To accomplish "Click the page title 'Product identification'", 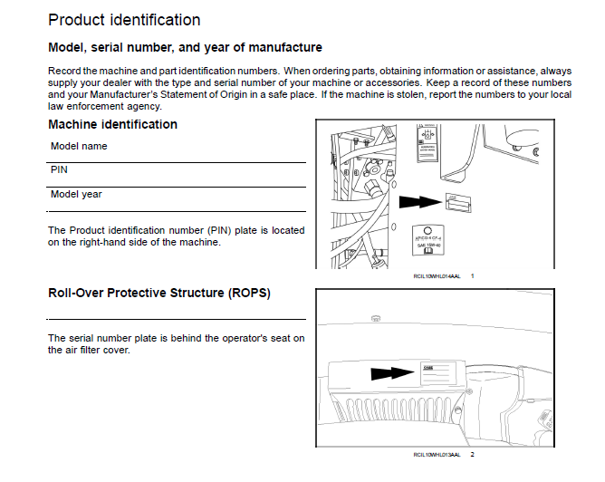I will click(x=124, y=19).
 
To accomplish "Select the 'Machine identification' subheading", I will click(x=112, y=124).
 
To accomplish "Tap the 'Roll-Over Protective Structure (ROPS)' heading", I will click(x=158, y=294).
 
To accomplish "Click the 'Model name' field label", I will click(x=79, y=146).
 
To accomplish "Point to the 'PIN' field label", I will click(x=59, y=169).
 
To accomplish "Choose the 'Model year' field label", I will click(x=77, y=194).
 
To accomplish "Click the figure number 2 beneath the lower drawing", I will click(x=472, y=454).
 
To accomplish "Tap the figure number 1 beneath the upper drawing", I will click(x=472, y=275).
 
